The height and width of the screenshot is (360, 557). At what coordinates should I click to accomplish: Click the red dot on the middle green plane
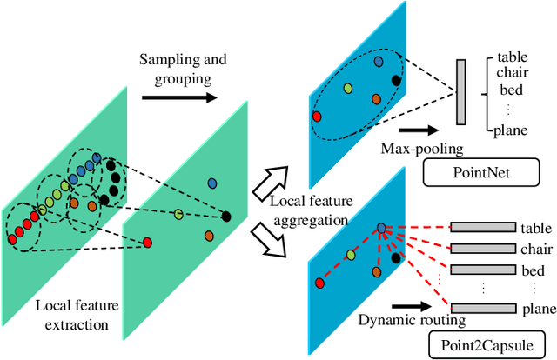(x=147, y=242)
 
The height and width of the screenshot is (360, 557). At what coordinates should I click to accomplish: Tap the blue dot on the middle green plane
(x=211, y=183)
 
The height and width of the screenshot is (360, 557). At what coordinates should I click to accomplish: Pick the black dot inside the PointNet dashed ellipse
(x=397, y=81)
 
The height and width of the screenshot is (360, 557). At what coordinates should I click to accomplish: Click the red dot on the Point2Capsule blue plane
(x=319, y=283)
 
